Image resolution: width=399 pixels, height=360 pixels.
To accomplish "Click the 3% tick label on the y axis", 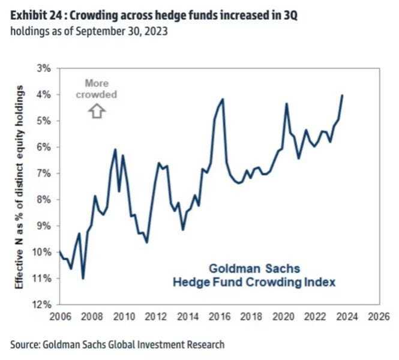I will [46, 68].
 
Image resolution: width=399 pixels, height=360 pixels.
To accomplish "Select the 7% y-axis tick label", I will [46, 173].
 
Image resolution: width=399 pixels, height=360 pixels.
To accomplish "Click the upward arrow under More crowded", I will [96, 111].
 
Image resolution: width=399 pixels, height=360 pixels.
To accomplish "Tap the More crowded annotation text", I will [96, 89].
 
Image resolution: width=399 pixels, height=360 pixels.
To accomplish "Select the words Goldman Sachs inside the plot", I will [254, 268].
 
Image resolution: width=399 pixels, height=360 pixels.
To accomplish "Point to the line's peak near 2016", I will [223, 99].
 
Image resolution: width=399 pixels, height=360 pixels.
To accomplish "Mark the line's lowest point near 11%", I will [83, 278].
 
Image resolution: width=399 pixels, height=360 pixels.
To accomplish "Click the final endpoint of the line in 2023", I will [342, 95].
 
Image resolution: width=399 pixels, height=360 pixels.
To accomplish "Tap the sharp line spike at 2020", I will [286, 104].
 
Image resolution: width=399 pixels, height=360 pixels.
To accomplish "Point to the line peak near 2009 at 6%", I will [115, 149].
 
